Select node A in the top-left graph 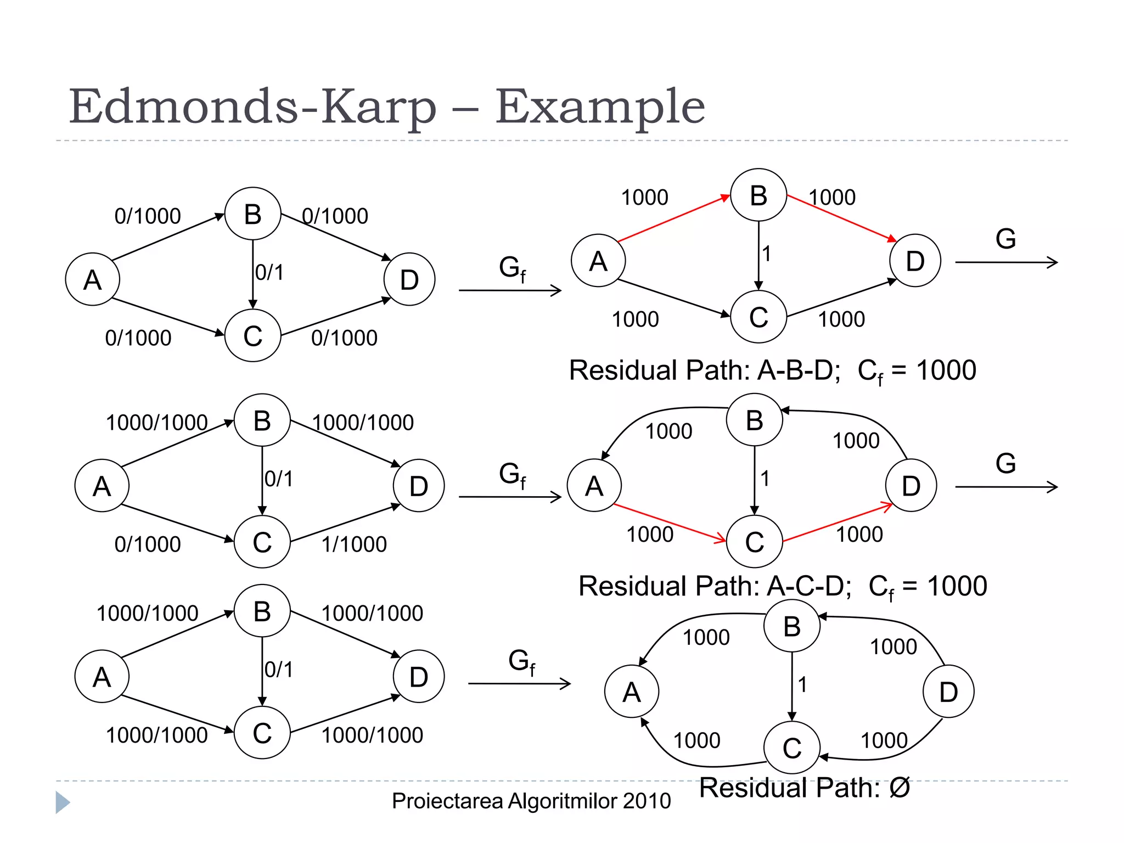(x=92, y=279)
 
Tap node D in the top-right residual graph (x=914, y=261)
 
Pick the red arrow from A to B (x=672, y=218)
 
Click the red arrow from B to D (x=840, y=218)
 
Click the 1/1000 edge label (x=354, y=544)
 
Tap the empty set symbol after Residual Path (x=899, y=788)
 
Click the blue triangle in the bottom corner (x=62, y=802)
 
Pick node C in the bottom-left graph (x=262, y=733)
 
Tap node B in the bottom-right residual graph (x=791, y=626)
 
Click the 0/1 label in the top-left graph (x=269, y=273)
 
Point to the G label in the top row (x=1005, y=239)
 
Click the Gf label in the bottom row (x=521, y=661)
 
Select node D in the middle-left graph (x=418, y=486)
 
